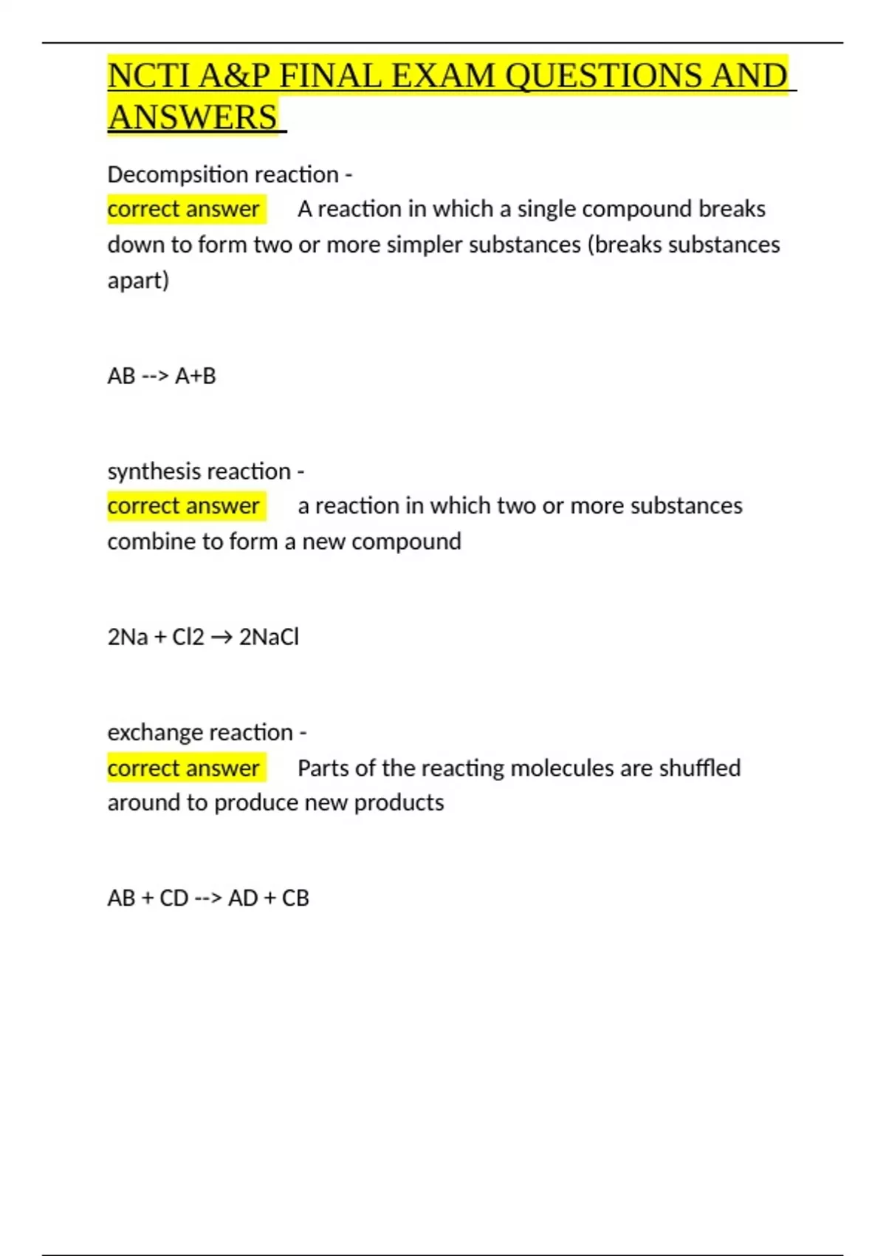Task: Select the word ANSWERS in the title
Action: point(193,117)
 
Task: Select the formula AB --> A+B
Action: point(162,376)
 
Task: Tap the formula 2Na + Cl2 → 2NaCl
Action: point(203,637)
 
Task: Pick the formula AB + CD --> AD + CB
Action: point(208,898)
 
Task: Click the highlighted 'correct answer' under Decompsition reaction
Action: point(184,209)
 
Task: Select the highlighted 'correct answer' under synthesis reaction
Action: point(184,506)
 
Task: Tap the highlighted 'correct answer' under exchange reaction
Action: point(184,768)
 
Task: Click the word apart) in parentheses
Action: point(138,281)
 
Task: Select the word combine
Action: point(143,542)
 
